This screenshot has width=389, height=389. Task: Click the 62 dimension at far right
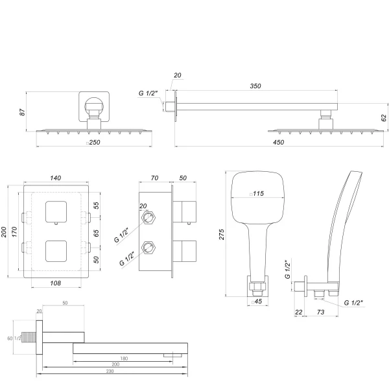(x=384, y=117)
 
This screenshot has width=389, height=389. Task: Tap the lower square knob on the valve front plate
(x=57, y=250)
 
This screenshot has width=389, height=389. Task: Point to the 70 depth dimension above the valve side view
(x=154, y=177)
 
